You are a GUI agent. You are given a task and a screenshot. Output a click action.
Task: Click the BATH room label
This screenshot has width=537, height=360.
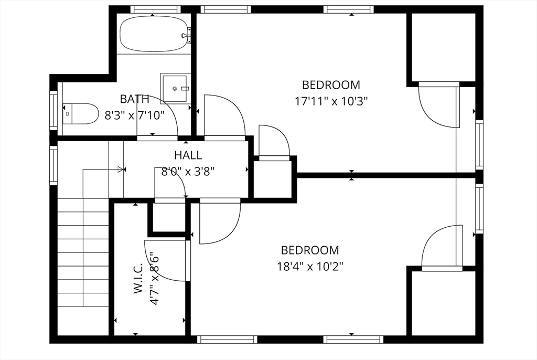[135, 99]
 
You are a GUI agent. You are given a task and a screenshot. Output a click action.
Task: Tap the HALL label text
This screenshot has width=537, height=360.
[188, 155]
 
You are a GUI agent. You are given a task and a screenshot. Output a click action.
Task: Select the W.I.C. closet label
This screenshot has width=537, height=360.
[138, 279]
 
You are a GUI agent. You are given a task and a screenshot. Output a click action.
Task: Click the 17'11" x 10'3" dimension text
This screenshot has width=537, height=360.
[331, 101]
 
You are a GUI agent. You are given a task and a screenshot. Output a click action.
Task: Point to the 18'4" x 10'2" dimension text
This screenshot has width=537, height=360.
[310, 267]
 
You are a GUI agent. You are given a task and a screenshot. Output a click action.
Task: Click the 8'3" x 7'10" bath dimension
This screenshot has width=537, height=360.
[135, 115]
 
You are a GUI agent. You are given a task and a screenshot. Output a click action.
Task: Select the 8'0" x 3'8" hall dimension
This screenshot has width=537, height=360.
[188, 172]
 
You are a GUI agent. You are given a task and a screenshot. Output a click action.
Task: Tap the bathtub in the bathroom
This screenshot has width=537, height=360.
[154, 34]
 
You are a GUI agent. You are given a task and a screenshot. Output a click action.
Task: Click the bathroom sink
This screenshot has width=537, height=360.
[175, 88]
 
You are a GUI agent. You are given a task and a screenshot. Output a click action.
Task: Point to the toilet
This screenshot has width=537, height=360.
[80, 113]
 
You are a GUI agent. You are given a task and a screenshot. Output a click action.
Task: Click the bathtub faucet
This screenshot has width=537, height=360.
[187, 36]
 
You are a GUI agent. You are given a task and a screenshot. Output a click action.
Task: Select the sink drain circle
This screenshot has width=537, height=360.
[175, 89]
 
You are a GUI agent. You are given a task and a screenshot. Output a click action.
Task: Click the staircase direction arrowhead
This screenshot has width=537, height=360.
[120, 169]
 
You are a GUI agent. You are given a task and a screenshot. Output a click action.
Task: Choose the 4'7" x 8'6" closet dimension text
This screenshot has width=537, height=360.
[155, 279]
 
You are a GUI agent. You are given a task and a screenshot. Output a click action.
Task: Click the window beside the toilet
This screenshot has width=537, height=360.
[53, 110]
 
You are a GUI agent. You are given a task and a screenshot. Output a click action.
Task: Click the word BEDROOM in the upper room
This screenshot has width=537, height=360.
[331, 84]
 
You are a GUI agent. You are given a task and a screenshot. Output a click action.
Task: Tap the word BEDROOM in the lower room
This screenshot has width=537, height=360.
[310, 250]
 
